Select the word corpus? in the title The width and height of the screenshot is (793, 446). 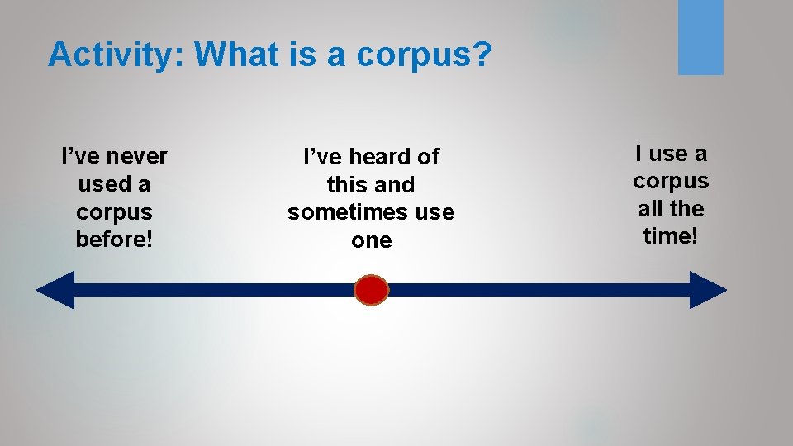click(x=425, y=55)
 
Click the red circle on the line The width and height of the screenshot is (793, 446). click(x=371, y=290)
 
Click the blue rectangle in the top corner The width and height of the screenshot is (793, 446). click(x=700, y=37)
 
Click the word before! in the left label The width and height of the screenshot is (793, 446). click(x=114, y=240)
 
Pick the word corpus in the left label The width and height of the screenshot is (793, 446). click(x=114, y=212)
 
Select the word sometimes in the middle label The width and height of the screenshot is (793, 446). click(x=350, y=212)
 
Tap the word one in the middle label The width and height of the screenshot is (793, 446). click(x=371, y=240)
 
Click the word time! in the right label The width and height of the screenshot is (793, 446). click(x=671, y=236)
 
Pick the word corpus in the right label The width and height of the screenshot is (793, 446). click(x=671, y=181)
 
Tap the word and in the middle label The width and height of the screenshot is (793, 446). click(x=394, y=184)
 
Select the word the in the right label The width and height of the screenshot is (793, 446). click(x=688, y=208)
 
